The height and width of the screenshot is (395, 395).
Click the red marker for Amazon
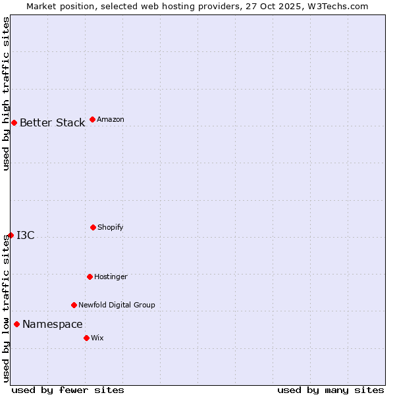click(92, 119)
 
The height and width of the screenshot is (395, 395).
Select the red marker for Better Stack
click(14, 122)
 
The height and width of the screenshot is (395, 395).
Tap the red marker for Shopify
click(93, 227)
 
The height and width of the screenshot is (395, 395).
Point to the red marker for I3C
click(11, 235)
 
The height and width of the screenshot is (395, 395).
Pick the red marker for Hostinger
click(90, 276)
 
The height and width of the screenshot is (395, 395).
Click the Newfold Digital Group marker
click(74, 305)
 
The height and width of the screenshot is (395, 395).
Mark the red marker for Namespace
click(16, 324)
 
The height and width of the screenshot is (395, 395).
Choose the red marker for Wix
click(86, 338)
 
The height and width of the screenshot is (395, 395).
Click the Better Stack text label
click(52, 123)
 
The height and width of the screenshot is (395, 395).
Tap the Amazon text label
click(111, 120)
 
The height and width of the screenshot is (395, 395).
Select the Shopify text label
click(111, 228)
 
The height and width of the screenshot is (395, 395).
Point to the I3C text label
click(26, 236)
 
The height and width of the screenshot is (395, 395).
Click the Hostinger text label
click(111, 277)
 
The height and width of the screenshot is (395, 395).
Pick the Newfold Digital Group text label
click(117, 305)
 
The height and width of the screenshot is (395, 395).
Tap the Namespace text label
click(53, 325)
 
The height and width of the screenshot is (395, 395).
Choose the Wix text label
click(97, 338)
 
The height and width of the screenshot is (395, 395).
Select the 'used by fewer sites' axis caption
click(68, 390)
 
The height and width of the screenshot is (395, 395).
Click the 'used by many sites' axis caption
click(330, 390)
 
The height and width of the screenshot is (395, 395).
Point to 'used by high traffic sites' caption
click(6, 93)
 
